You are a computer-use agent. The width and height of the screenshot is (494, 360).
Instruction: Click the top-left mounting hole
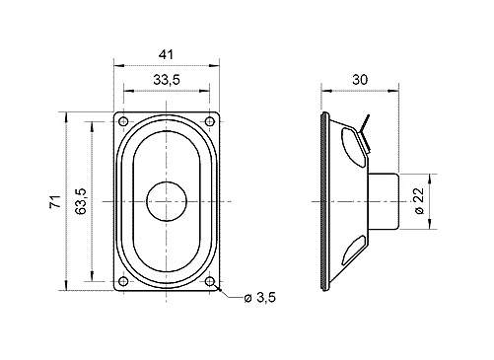123,121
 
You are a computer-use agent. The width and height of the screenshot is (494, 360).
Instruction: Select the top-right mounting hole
209,121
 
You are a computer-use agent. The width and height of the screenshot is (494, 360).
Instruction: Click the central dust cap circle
166,202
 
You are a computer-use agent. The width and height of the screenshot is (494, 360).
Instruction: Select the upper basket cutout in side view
350,147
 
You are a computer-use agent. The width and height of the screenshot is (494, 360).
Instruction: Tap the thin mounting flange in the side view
324,202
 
